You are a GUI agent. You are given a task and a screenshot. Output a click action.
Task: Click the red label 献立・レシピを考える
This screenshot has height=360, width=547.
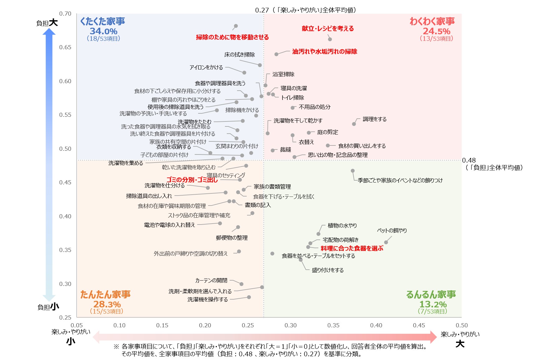[328, 29]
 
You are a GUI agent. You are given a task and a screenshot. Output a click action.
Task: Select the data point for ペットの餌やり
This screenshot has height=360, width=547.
[386, 242]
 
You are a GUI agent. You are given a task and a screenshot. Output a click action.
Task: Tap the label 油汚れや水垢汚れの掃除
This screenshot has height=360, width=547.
[325, 52]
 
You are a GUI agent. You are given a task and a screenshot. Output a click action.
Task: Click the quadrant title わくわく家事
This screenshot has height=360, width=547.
[432, 21]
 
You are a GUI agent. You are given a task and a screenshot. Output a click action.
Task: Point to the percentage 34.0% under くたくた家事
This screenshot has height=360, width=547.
[103, 31]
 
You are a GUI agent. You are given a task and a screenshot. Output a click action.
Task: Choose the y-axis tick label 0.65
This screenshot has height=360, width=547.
[65, 47]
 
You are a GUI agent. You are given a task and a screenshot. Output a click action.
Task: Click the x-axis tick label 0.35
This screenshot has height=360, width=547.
[333, 325]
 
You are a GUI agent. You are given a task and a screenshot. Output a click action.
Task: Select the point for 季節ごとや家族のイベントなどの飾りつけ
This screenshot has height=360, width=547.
[353, 171]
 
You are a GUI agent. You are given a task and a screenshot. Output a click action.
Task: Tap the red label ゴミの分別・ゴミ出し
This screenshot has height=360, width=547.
[192, 180]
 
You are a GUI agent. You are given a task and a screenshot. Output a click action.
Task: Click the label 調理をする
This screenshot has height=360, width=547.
[374, 119]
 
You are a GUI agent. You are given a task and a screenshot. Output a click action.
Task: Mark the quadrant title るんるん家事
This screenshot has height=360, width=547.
[431, 295]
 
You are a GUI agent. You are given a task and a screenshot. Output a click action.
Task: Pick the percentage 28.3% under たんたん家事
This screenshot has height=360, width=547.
[107, 304]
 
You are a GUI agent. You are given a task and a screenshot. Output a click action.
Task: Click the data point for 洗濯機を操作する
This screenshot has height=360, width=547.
[249, 297]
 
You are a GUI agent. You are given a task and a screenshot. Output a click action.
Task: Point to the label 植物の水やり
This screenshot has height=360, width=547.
[342, 225]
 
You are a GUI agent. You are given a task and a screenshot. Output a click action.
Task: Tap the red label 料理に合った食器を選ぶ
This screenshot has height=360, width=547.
[352, 248]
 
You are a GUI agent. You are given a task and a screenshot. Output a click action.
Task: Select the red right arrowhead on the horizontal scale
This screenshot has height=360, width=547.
[433, 337]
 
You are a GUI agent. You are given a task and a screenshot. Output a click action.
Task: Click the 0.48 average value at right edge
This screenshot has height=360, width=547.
[469, 160]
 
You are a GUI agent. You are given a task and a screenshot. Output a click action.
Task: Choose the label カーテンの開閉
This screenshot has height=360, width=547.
[211, 281]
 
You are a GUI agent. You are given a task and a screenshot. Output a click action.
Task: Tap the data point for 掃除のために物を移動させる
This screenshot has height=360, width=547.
[236, 26]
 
